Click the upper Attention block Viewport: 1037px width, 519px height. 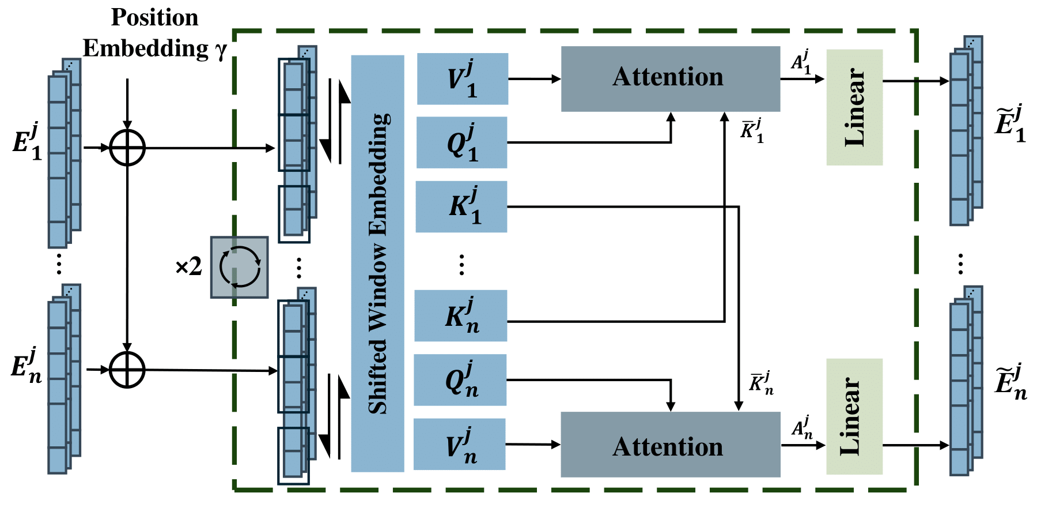pyautogui.click(x=670, y=78)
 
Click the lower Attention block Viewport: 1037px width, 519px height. pyautogui.click(x=670, y=445)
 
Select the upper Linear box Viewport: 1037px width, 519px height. pyautogui.click(x=854, y=107)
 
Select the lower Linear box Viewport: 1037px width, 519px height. pyautogui.click(x=854, y=416)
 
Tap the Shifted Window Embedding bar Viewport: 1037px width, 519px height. pyautogui.click(x=377, y=264)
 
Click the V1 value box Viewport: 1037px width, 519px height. pyautogui.click(x=462, y=79)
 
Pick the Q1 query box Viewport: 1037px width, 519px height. pyautogui.click(x=461, y=142)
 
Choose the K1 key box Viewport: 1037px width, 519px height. pyautogui.click(x=461, y=206)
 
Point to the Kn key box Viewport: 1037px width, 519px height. pyautogui.click(x=460, y=315)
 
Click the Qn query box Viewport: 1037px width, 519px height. pyautogui.click(x=460, y=380)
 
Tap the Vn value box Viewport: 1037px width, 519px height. pyautogui.click(x=459, y=444)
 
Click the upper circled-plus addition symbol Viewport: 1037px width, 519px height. pyautogui.click(x=127, y=148)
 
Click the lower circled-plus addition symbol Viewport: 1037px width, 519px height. pyautogui.click(x=127, y=370)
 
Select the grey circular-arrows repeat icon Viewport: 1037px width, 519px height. pyautogui.click(x=239, y=267)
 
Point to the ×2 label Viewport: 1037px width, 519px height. pyautogui.click(x=188, y=266)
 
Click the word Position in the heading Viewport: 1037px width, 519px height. pyautogui.click(x=154, y=17)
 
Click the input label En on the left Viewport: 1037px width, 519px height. pyautogui.click(x=27, y=366)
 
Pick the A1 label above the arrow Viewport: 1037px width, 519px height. pyautogui.click(x=801, y=62)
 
